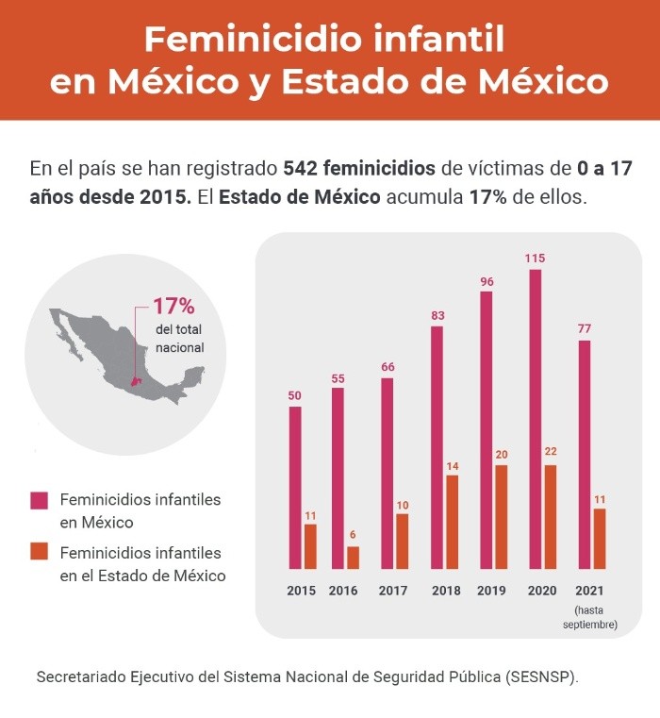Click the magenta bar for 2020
[536, 420]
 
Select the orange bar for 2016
[354, 558]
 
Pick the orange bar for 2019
[501, 517]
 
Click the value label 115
[536, 258]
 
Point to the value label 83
[437, 315]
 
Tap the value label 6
[353, 535]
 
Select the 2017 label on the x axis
[393, 591]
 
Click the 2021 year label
[589, 591]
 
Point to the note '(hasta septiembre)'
[590, 617]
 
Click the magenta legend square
[40, 499]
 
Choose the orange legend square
[40, 553]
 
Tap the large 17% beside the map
[173, 307]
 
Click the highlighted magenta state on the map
[136, 383]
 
